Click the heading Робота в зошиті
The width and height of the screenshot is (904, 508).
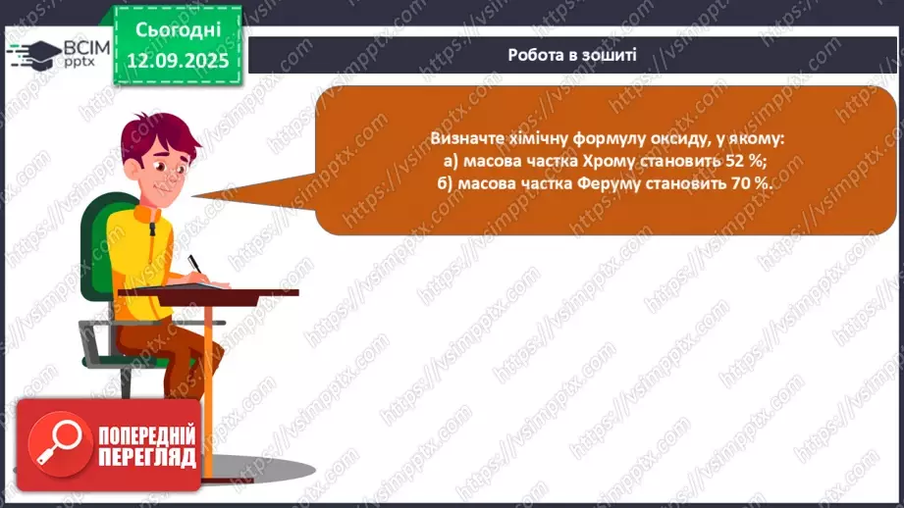(x=572, y=55)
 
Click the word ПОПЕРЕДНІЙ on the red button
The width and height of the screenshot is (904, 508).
(x=146, y=434)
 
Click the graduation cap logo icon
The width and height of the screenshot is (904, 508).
(x=33, y=53)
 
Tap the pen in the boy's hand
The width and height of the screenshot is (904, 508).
(x=193, y=264)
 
